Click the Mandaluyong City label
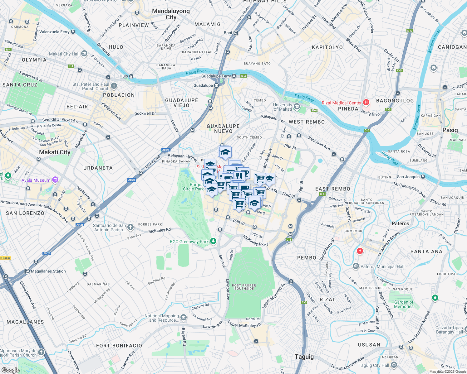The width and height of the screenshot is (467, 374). pyautogui.click(x=171, y=14)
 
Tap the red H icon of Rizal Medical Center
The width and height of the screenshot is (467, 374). pyautogui.click(x=366, y=102)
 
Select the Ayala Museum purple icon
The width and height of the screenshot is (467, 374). pyautogui.click(x=55, y=180)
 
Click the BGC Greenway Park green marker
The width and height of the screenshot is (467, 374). pyautogui.click(x=213, y=241)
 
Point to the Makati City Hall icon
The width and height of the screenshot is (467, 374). pyautogui.click(x=84, y=54)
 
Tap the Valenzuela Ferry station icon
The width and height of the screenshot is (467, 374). pyautogui.click(x=73, y=32)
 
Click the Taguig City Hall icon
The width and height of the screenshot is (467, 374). pyautogui.click(x=394, y=365)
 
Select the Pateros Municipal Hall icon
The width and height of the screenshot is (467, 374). pyautogui.click(x=356, y=266)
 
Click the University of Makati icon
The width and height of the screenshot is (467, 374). pyautogui.click(x=297, y=107)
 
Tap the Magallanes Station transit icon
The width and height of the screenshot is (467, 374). pyautogui.click(x=27, y=271)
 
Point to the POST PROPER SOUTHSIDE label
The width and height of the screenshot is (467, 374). pyautogui.click(x=244, y=287)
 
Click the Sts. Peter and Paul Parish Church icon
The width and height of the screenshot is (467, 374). pyautogui.click(x=114, y=86)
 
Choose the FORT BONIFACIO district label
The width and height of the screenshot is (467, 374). pyautogui.click(x=119, y=346)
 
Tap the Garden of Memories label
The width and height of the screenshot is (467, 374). pyautogui.click(x=404, y=304)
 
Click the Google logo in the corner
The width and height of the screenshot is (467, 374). pyautogui.click(x=10, y=370)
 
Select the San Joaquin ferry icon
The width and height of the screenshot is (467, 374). pyautogui.click(x=423, y=177)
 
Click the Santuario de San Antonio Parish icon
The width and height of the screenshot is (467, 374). pyautogui.click(x=130, y=227)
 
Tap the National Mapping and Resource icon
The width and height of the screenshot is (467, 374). pyautogui.click(x=184, y=318)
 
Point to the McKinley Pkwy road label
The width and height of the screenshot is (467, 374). pyautogui.click(x=256, y=240)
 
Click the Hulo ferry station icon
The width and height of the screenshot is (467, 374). pyautogui.click(x=131, y=76)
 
